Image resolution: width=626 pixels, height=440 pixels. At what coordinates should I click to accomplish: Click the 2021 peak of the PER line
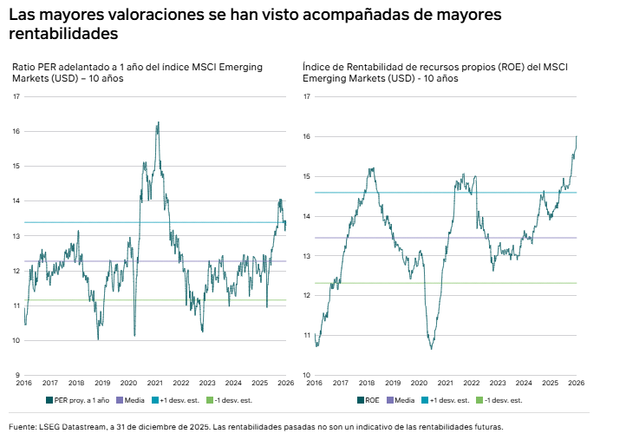158,122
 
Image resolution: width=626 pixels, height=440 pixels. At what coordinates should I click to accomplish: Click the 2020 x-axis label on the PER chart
128,382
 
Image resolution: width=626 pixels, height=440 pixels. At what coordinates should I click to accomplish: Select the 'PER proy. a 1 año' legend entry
77,400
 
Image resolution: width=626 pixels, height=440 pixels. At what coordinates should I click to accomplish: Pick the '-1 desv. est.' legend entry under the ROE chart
503,400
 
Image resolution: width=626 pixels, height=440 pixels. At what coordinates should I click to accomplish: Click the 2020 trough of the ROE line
431,348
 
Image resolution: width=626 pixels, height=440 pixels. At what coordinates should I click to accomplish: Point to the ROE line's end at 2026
577,136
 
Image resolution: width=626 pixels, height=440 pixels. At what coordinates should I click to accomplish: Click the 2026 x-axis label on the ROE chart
576,382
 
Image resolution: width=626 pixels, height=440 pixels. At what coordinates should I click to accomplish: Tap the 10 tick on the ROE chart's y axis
307,375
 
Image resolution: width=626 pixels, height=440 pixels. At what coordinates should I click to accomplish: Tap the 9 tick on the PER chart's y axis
17,375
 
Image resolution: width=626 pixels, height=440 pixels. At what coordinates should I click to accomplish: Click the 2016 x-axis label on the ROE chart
314,382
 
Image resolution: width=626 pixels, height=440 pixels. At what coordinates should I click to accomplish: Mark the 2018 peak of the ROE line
371,168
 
